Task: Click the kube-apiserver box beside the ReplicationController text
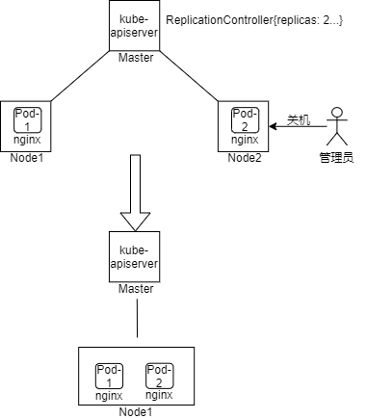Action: click(x=136, y=27)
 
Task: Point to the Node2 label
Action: click(x=246, y=157)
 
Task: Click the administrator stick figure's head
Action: click(x=338, y=111)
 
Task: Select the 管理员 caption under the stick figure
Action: click(x=337, y=156)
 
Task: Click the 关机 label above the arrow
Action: click(x=300, y=120)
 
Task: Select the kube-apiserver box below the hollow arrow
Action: click(x=136, y=256)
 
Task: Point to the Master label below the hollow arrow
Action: click(x=136, y=289)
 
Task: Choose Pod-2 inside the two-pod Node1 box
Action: click(x=159, y=376)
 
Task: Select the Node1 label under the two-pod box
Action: click(x=136, y=412)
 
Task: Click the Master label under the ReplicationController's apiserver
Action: click(x=136, y=59)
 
